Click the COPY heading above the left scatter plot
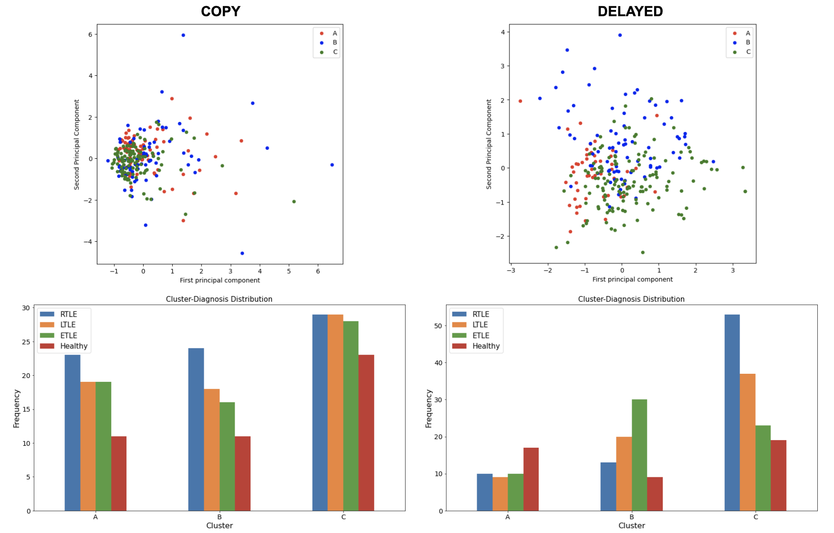[220, 11]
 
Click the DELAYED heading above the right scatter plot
[630, 11]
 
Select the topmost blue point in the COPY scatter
[183, 35]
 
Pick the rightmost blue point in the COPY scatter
[332, 165]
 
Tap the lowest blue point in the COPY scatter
[242, 253]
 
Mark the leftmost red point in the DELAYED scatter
[520, 101]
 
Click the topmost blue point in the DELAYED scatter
[620, 35]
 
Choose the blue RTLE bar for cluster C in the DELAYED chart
[732, 412]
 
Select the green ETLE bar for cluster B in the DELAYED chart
[639, 455]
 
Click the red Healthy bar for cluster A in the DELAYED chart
[531, 479]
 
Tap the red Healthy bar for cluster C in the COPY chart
[366, 432]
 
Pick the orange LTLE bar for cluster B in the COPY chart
[212, 450]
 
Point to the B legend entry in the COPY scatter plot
[334, 42]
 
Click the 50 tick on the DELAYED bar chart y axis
[438, 326]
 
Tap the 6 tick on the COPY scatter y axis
[90, 34]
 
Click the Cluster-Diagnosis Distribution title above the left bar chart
[219, 299]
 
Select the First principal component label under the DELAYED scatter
[632, 279]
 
